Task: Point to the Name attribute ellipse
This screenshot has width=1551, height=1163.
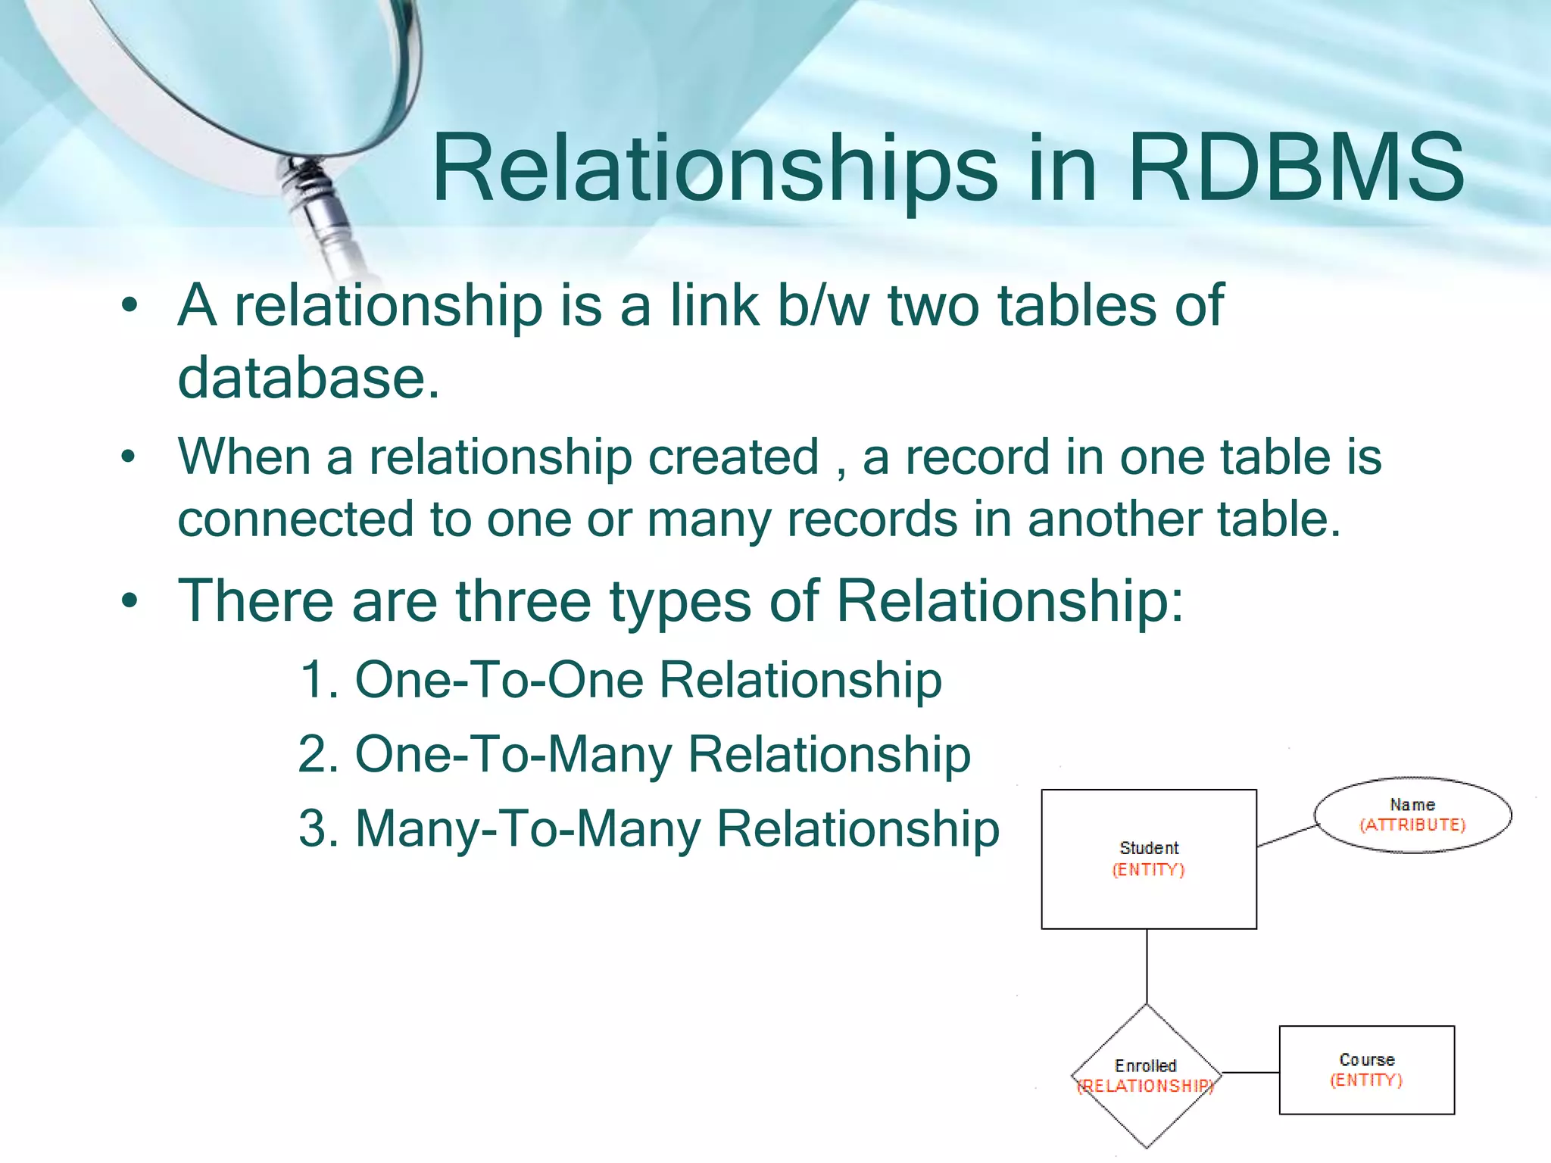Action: coord(1412,814)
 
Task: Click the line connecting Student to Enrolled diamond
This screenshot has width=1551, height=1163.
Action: coord(1147,966)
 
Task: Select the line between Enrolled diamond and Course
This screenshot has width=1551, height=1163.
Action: coord(1250,1072)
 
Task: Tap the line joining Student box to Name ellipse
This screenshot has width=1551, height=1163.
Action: coord(1287,836)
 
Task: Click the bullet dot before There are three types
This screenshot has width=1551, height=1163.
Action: coord(130,601)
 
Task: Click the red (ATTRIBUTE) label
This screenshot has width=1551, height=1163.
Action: coord(1412,825)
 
